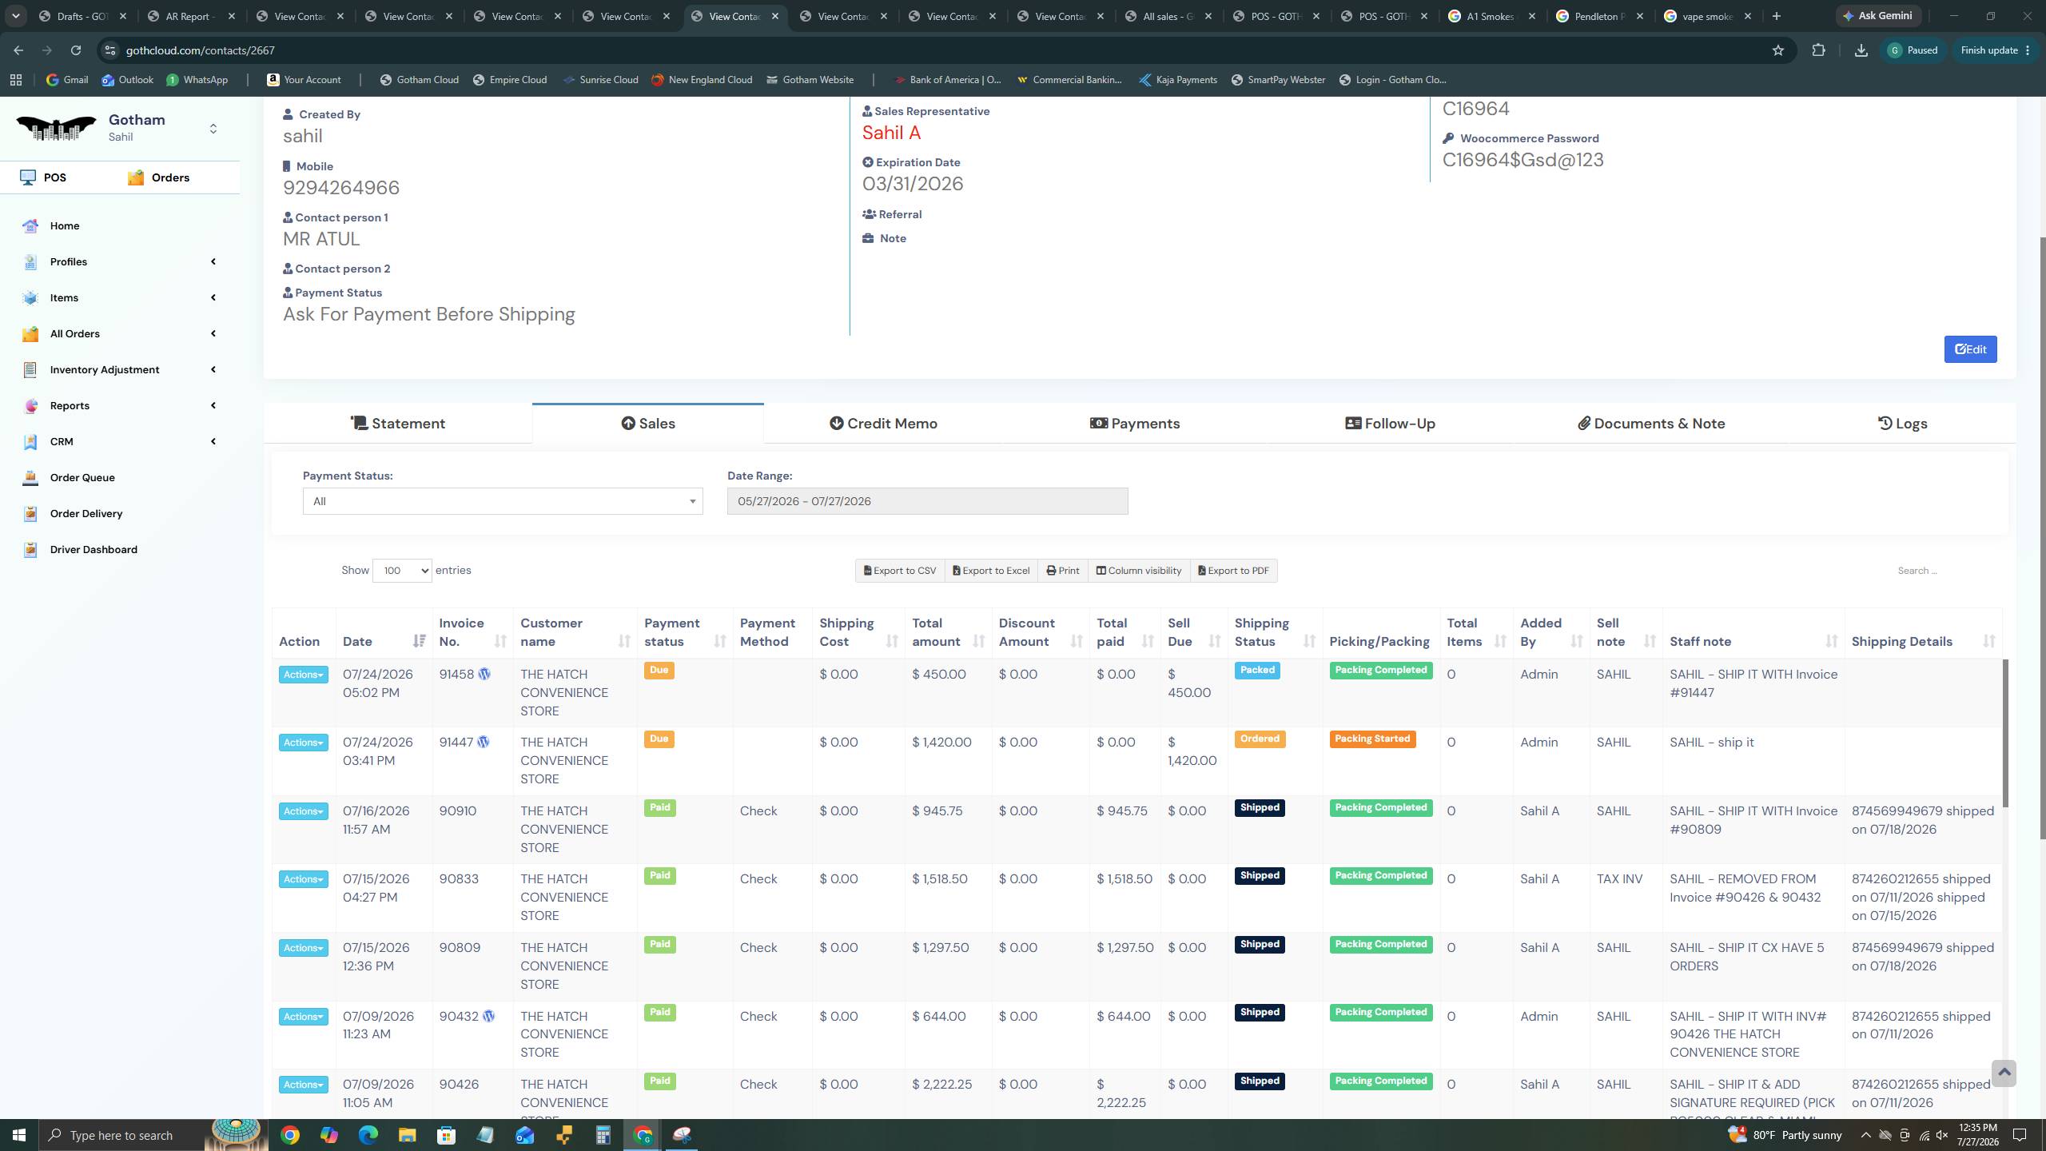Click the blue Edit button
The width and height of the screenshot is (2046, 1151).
coord(1970,349)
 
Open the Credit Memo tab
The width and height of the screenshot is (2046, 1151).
coord(883,424)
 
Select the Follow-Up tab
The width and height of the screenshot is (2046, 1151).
coord(1390,424)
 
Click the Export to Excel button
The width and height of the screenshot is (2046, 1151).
coord(991,571)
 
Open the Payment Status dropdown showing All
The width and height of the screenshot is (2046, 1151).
coord(503,501)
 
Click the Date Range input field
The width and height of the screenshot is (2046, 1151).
coord(927,501)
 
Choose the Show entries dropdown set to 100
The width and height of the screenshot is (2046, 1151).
coord(402,571)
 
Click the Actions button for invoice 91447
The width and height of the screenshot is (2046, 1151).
coord(303,743)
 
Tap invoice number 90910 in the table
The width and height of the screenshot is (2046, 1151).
coord(458,811)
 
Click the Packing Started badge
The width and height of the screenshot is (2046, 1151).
coord(1372,739)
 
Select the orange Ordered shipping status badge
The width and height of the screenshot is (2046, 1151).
coord(1260,739)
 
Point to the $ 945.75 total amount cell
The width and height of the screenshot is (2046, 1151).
coord(937,811)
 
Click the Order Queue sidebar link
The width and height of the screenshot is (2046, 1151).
coord(82,478)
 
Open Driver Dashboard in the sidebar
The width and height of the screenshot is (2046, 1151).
coord(94,550)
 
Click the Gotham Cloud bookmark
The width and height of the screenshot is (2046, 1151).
coord(420,80)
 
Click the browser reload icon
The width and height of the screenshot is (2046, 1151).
coord(76,50)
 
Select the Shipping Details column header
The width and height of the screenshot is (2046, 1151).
coord(1901,642)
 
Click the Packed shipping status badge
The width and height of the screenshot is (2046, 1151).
coord(1257,671)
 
